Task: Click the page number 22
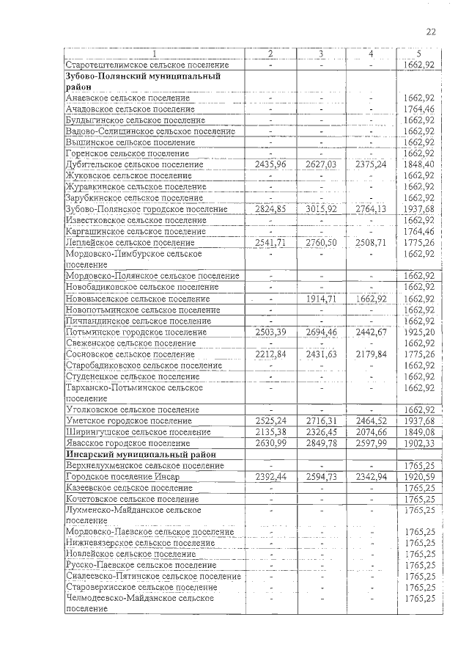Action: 430,32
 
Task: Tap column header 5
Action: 418,54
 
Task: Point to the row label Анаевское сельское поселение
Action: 130,98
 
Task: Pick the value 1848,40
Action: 418,164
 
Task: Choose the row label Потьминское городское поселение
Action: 138,332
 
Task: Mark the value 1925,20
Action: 418,332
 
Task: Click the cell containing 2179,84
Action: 371,354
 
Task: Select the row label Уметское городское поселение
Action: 128,421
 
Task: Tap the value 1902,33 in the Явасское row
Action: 418,443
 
